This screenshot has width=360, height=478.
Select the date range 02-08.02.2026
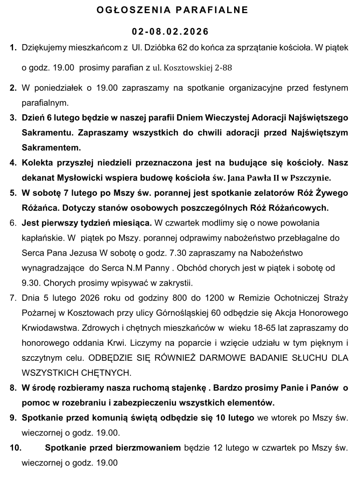pyautogui.click(x=170, y=32)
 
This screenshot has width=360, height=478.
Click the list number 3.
pyautogui.click(x=13, y=118)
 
